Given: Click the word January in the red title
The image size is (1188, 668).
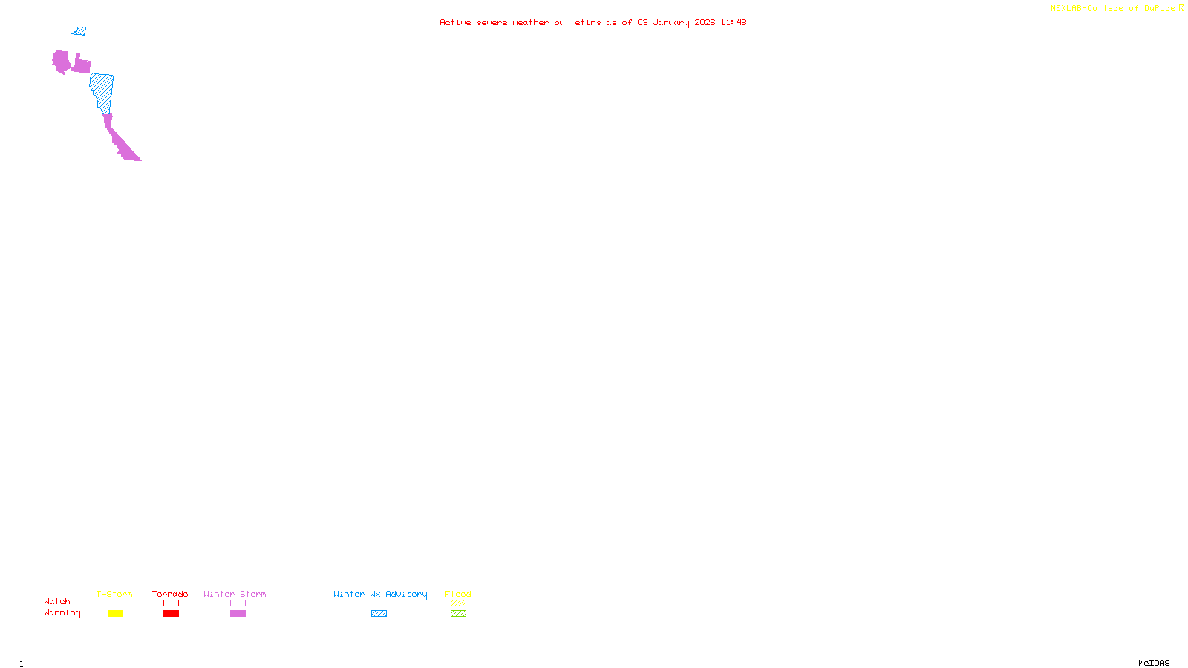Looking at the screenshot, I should [671, 22].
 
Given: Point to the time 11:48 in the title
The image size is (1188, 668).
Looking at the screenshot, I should [733, 22].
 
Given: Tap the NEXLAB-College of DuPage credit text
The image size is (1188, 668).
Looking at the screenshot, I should [1112, 9].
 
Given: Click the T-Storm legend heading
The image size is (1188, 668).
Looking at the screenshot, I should [114, 594].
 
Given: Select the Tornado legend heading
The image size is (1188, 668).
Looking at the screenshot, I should [170, 594].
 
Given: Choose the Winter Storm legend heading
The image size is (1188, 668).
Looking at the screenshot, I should [235, 594].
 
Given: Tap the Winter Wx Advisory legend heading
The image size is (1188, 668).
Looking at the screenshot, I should [380, 594].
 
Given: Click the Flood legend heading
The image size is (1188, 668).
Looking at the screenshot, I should [458, 594].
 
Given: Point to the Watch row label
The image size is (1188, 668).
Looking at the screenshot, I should [57, 601].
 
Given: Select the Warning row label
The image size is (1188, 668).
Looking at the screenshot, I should [62, 613].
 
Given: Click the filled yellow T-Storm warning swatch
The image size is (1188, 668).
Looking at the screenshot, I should [115, 614].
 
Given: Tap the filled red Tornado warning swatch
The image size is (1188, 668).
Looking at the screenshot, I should [172, 614].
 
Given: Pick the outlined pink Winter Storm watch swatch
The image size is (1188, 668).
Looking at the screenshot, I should [238, 603].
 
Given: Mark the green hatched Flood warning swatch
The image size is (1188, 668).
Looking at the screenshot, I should [458, 614].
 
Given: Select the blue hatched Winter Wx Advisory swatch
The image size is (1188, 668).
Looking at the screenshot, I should [379, 614].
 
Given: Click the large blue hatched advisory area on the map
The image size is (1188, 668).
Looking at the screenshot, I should [102, 91].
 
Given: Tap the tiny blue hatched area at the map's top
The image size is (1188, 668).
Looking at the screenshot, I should [79, 31].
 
